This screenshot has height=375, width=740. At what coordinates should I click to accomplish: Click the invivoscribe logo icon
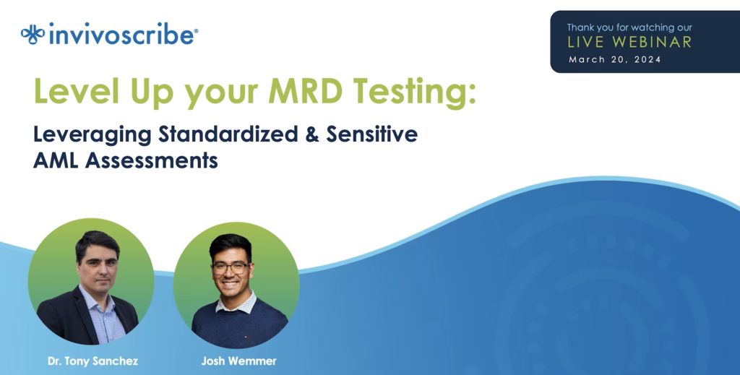[x=33, y=35]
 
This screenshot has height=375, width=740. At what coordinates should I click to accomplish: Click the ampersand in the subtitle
[x=312, y=134]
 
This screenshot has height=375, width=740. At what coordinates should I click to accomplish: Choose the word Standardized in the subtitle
[x=228, y=134]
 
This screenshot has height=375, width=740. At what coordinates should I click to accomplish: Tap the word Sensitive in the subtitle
[x=372, y=134]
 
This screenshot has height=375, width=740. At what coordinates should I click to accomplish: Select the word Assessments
[x=152, y=161]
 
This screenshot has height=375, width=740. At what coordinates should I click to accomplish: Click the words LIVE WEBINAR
[x=629, y=42]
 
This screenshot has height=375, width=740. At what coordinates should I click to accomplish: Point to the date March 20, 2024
[x=614, y=59]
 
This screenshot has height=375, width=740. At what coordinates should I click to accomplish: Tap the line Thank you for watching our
[x=629, y=27]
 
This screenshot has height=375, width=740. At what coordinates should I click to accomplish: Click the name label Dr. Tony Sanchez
[x=93, y=361]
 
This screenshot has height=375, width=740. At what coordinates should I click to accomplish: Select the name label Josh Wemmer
[x=238, y=361]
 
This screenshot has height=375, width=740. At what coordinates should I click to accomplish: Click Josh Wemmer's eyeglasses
[x=231, y=268]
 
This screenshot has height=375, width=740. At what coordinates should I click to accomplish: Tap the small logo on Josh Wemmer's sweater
[x=245, y=336]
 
